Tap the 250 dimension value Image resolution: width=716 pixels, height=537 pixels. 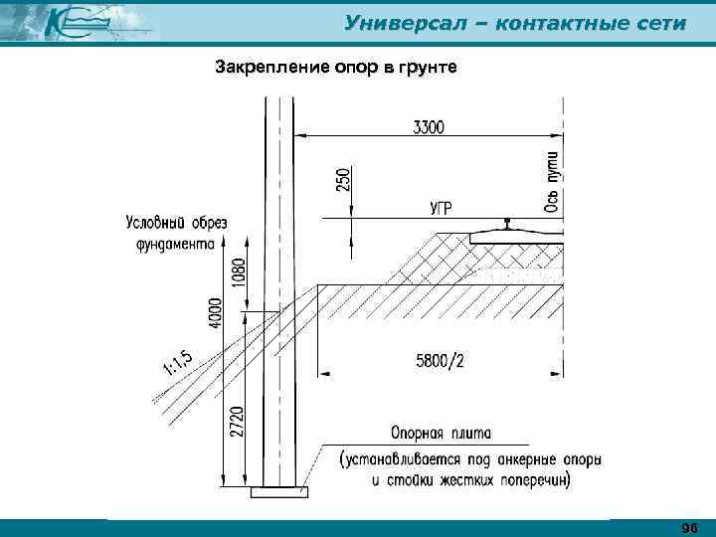[x=343, y=179]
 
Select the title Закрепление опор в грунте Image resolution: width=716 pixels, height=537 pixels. [x=336, y=69]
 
